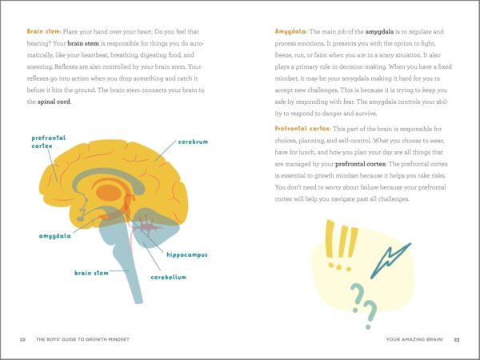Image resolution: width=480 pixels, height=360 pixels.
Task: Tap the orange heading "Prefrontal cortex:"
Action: pos(302,128)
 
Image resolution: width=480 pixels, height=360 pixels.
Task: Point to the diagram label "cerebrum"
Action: pos(192,142)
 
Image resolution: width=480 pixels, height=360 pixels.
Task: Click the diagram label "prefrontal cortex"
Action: pos(44,142)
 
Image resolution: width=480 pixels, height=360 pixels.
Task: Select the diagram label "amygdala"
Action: pos(56,237)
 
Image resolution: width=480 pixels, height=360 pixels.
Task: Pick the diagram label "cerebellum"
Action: pos(170,277)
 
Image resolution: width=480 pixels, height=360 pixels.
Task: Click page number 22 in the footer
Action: pos(23,339)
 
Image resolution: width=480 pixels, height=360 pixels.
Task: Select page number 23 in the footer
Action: pos(456,339)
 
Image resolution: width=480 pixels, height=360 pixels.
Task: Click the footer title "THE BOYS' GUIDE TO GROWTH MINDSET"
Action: pos(83,339)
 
